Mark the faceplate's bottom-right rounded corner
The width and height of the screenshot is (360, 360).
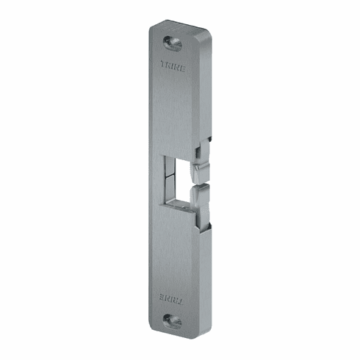(x=192, y=331)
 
